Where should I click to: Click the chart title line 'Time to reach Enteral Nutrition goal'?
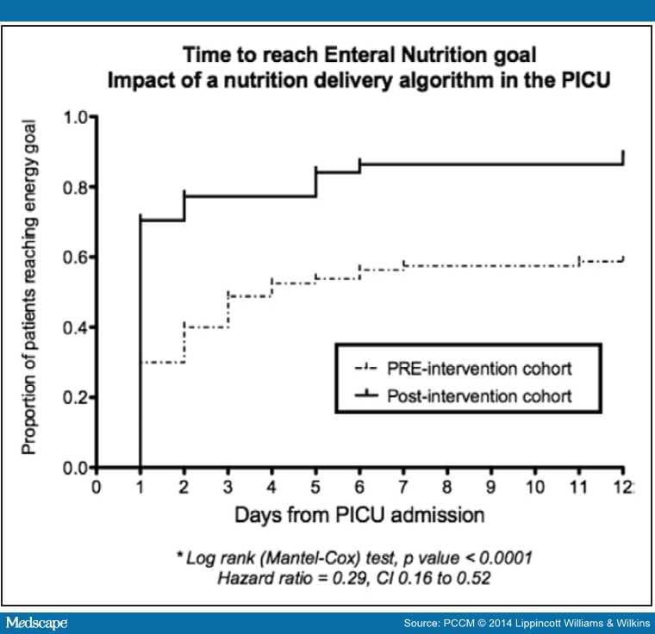pyautogui.click(x=360, y=56)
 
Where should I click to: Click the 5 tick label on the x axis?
pyautogui.click(x=316, y=487)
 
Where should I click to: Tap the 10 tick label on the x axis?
pyautogui.click(x=535, y=487)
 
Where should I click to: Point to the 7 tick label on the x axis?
pyautogui.click(x=404, y=487)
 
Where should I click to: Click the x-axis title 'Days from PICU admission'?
pyautogui.click(x=359, y=515)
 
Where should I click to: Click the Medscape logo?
pyautogui.click(x=36, y=621)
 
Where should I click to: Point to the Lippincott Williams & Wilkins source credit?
pyautogui.click(x=574, y=622)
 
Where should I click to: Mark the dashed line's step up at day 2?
pyautogui.click(x=184, y=345)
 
